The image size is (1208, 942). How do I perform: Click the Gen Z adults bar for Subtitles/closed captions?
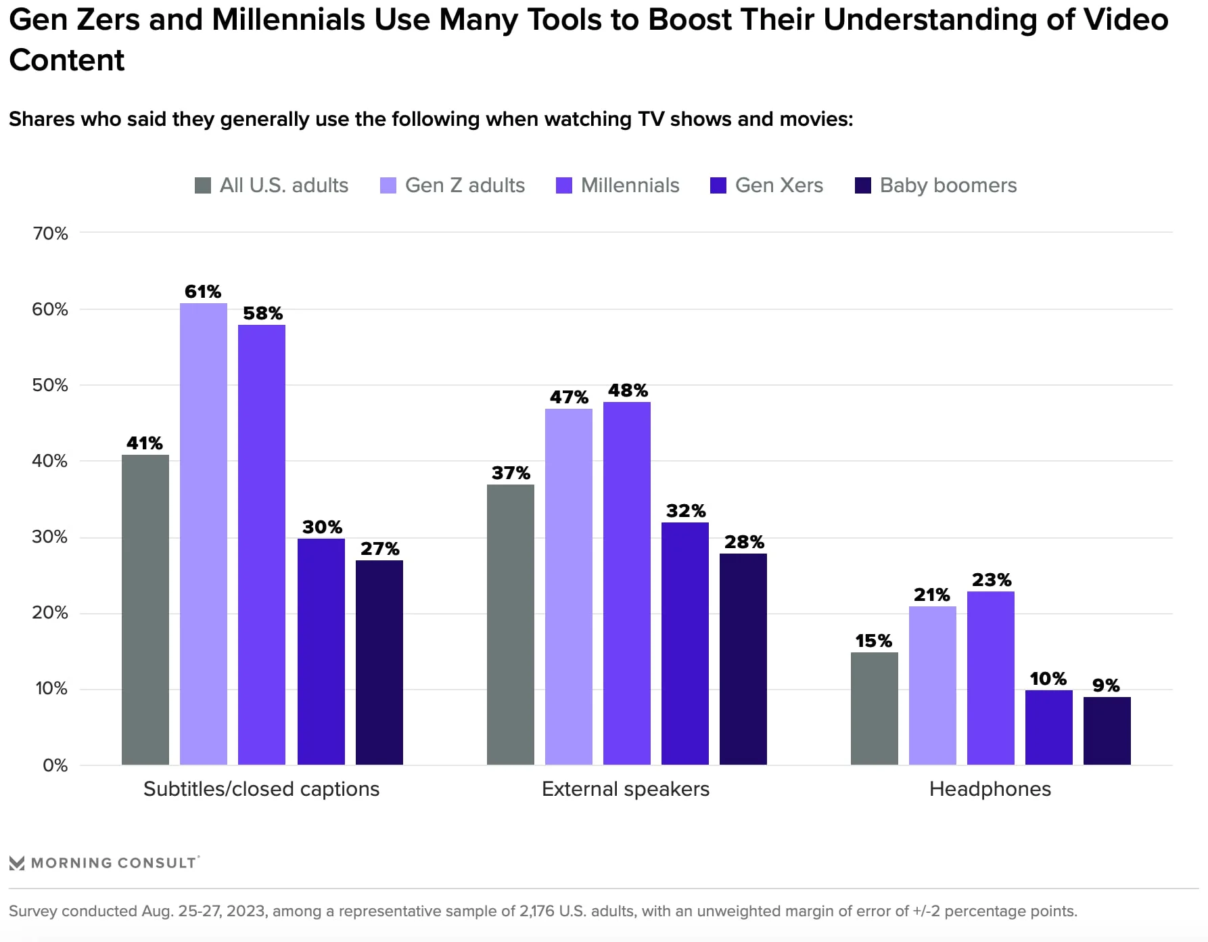pyautogui.click(x=204, y=534)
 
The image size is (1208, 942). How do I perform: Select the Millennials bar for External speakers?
pyautogui.click(x=627, y=583)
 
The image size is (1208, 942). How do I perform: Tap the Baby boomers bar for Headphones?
pyautogui.click(x=1107, y=731)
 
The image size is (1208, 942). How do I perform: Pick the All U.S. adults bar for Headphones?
pyautogui.click(x=875, y=709)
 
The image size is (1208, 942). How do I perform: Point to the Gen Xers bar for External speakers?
pyautogui.click(x=685, y=644)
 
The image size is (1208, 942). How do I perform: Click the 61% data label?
pyautogui.click(x=203, y=292)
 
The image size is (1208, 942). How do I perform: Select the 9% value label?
pyautogui.click(x=1106, y=686)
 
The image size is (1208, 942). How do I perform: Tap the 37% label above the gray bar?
pyautogui.click(x=511, y=473)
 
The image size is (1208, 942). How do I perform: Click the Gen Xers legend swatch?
pyautogui.click(x=718, y=185)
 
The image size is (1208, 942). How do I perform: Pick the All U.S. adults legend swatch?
pyautogui.click(x=203, y=185)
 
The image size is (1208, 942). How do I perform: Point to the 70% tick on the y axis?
pyautogui.click(x=51, y=233)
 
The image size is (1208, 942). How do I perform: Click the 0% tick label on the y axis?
pyautogui.click(x=55, y=765)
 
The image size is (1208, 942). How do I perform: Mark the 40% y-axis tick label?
pyautogui.click(x=51, y=461)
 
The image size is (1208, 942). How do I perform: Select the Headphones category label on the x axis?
pyautogui.click(x=990, y=789)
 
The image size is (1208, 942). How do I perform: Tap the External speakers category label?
pyautogui.click(x=626, y=789)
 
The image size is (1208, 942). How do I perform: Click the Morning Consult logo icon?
pyautogui.click(x=17, y=863)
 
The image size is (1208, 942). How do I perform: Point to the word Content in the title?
pyautogui.click(x=67, y=60)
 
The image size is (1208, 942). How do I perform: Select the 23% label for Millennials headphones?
pyautogui.click(x=992, y=580)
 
